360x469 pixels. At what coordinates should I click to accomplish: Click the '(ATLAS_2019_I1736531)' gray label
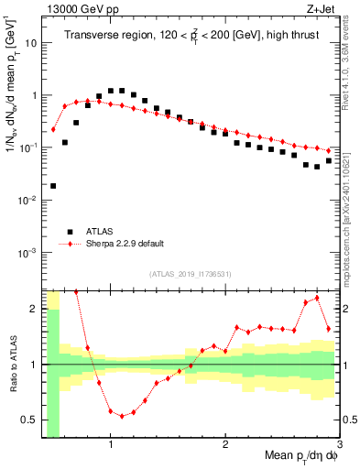[191, 274]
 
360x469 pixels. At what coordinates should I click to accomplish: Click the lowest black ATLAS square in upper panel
[53, 186]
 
